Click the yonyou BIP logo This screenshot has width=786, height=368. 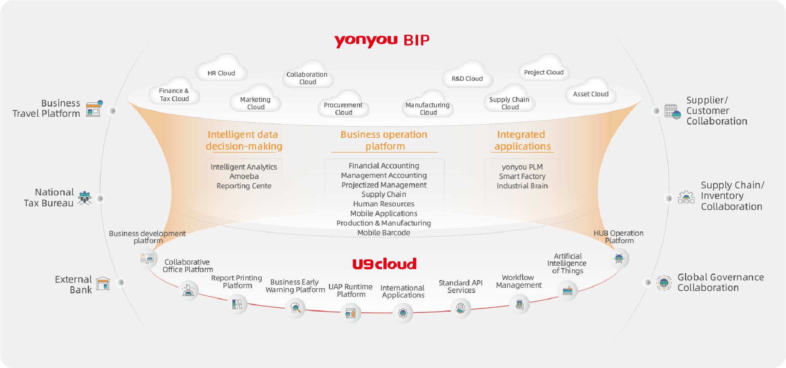pos(382,40)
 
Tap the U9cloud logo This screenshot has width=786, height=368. pos(384,264)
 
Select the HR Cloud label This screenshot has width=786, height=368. pos(221,73)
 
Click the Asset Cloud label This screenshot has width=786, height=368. pos(590,94)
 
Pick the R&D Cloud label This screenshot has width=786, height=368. pos(467,79)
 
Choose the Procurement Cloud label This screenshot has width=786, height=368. pos(343,109)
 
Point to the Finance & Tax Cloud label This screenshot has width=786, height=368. pos(174,95)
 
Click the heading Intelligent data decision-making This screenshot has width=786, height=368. pos(244,141)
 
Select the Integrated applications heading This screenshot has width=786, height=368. pos(522,141)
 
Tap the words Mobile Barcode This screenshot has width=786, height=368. pos(384,233)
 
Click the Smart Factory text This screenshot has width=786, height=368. pos(522,177)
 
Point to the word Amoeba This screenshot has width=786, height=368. pos(244,177)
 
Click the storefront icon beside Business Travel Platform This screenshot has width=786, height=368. pos(94,108)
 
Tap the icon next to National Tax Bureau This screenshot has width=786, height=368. pos(85,198)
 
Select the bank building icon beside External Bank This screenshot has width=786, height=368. pos(103,283)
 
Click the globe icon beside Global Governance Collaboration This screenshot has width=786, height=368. pos(664,282)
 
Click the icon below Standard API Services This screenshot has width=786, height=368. pos(460,308)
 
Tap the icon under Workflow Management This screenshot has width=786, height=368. pos(519,304)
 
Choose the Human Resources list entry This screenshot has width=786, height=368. pos(384,204)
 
